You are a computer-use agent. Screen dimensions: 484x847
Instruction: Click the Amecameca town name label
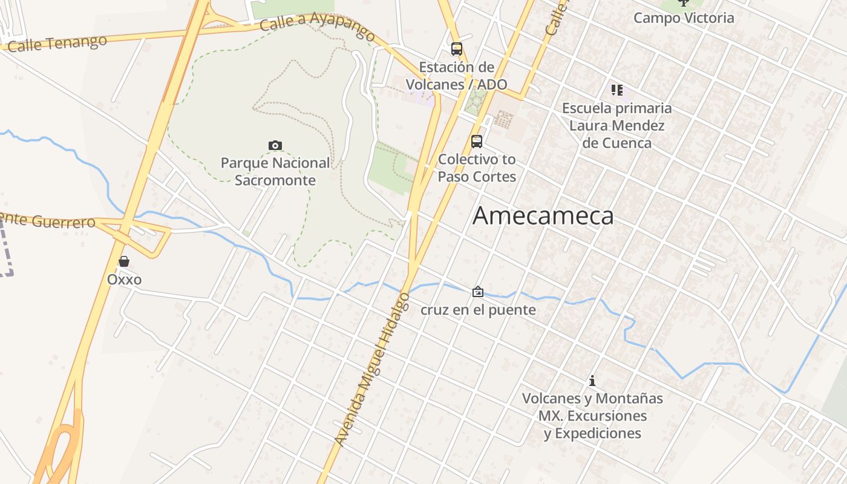(543, 216)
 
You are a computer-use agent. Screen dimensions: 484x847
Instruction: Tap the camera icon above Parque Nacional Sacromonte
(275, 145)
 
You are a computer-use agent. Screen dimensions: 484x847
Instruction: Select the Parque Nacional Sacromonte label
(275, 171)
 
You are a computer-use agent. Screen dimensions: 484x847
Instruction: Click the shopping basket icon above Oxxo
(124, 261)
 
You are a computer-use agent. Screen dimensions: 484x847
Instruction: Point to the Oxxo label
(124, 280)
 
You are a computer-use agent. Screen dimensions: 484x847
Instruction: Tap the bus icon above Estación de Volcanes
(457, 49)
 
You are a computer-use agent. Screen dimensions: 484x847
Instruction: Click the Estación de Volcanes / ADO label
(457, 76)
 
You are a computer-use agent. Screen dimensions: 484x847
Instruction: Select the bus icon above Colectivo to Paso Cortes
(477, 142)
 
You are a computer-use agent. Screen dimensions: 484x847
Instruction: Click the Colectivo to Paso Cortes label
(477, 168)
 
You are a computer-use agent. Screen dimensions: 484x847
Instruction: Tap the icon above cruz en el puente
(478, 292)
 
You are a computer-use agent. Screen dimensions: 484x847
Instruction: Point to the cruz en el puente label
(478, 310)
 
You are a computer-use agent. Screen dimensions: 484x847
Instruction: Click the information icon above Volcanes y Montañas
(592, 381)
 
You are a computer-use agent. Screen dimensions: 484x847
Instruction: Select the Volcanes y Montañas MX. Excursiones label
(592, 416)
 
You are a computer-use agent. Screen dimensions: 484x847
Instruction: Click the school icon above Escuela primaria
(616, 90)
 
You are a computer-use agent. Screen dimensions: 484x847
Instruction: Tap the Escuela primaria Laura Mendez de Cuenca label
(616, 125)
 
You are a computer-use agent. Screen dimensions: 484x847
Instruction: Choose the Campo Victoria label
(684, 18)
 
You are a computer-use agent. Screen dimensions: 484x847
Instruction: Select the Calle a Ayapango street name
(318, 24)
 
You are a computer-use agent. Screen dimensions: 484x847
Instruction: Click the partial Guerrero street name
(48, 220)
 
